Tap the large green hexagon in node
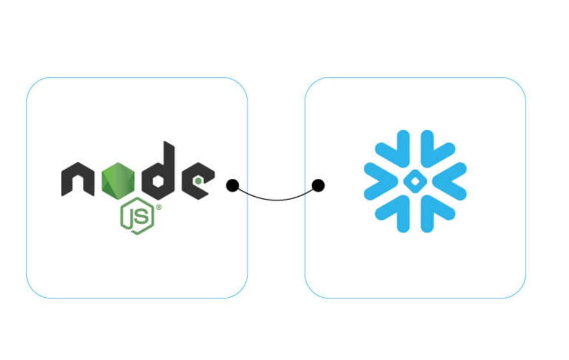(118, 181)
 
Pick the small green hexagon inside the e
(200, 180)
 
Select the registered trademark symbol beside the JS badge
(159, 207)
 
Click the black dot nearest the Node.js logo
(232, 186)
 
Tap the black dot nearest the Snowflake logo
(318, 186)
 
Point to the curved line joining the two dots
(275, 199)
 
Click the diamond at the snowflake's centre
(415, 181)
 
